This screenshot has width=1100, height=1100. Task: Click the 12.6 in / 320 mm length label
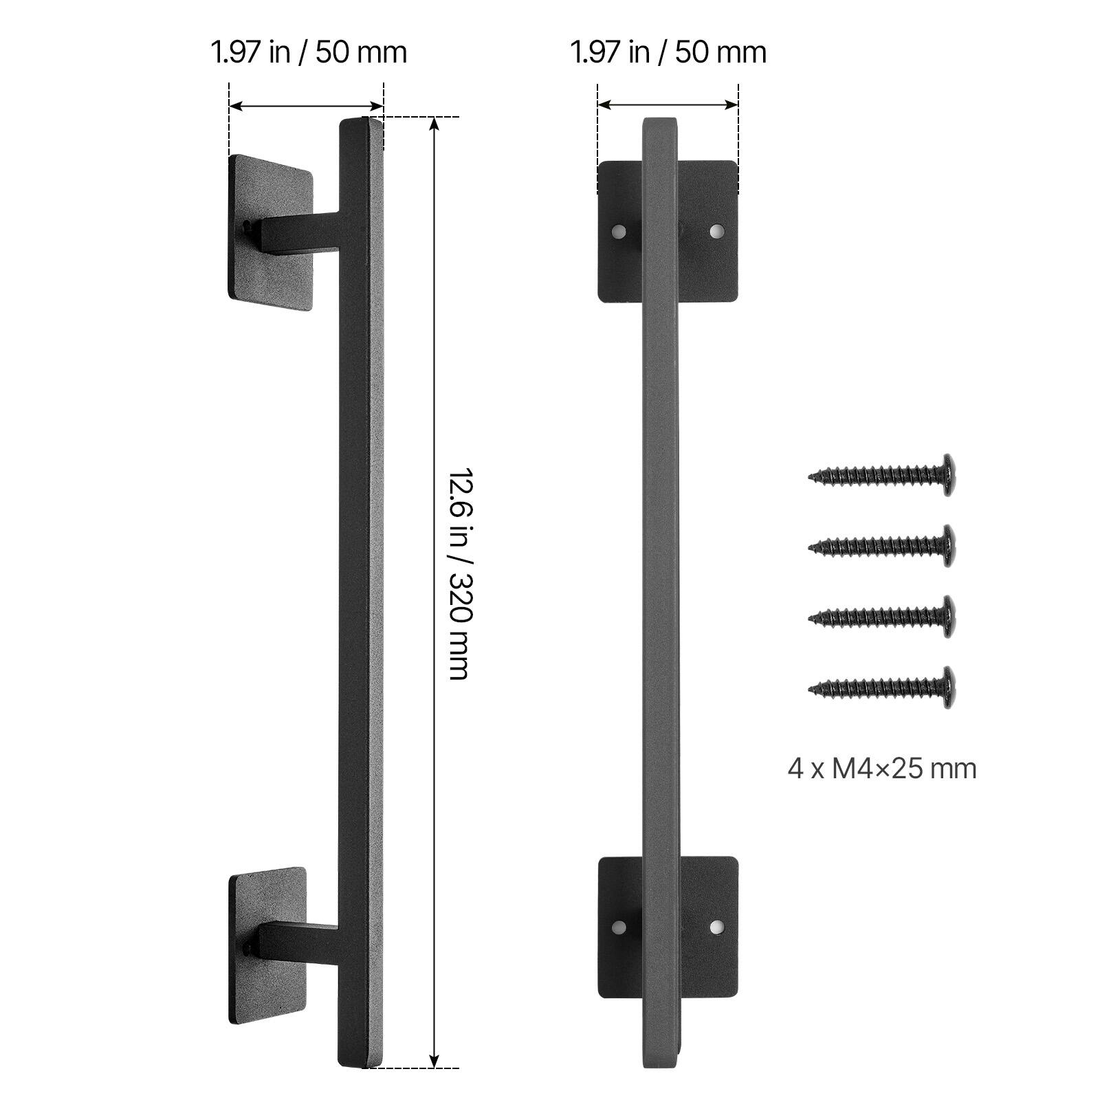458,574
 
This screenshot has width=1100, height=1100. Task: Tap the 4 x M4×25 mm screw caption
882,768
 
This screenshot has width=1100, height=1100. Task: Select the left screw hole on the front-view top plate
620,231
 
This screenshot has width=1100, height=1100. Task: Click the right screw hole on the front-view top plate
716,230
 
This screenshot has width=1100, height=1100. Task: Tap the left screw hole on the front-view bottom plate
620,927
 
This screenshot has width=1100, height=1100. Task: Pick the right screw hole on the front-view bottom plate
716,927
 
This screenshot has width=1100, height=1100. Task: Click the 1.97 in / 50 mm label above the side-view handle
309,53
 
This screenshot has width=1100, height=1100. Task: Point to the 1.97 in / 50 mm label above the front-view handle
668,53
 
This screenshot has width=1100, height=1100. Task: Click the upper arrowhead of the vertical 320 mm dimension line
434,122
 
